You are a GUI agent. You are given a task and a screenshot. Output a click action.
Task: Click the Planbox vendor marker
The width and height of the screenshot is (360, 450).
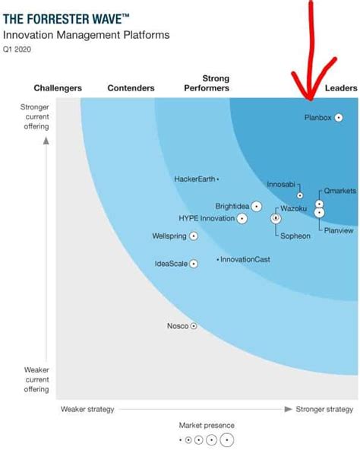click(x=339, y=118)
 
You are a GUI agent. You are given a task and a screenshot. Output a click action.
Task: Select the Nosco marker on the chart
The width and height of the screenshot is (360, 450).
click(x=194, y=326)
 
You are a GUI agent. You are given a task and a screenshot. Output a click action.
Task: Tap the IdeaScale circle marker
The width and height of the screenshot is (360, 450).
click(x=194, y=264)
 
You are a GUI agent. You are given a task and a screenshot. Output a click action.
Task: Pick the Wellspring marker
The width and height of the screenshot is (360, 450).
click(x=194, y=236)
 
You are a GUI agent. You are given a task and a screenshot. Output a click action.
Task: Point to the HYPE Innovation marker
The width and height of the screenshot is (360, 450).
click(x=242, y=219)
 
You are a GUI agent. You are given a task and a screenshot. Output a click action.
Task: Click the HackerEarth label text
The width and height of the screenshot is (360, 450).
click(x=194, y=179)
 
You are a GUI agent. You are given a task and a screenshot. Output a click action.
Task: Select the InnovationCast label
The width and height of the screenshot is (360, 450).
click(x=245, y=260)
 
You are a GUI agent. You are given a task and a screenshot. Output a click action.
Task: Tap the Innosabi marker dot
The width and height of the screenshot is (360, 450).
click(x=300, y=195)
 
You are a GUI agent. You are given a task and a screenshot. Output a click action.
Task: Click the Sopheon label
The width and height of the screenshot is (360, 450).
click(x=295, y=236)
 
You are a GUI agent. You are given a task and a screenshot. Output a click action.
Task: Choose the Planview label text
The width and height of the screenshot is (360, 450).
click(x=338, y=230)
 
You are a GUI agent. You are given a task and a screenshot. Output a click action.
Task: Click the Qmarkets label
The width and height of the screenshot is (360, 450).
click(x=338, y=191)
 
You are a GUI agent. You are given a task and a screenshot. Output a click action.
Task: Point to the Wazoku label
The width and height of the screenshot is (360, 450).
click(x=294, y=208)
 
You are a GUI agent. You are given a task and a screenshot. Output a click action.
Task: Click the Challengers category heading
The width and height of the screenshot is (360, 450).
click(x=58, y=89)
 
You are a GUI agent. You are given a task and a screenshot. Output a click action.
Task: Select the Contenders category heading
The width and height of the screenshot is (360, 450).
click(x=130, y=89)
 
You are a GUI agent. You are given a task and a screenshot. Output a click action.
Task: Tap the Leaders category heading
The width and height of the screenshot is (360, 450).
click(x=341, y=89)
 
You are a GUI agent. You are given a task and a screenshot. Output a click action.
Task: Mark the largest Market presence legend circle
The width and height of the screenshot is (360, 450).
click(x=226, y=439)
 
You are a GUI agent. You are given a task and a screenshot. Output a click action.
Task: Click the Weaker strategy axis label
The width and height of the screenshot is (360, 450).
click(x=87, y=409)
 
